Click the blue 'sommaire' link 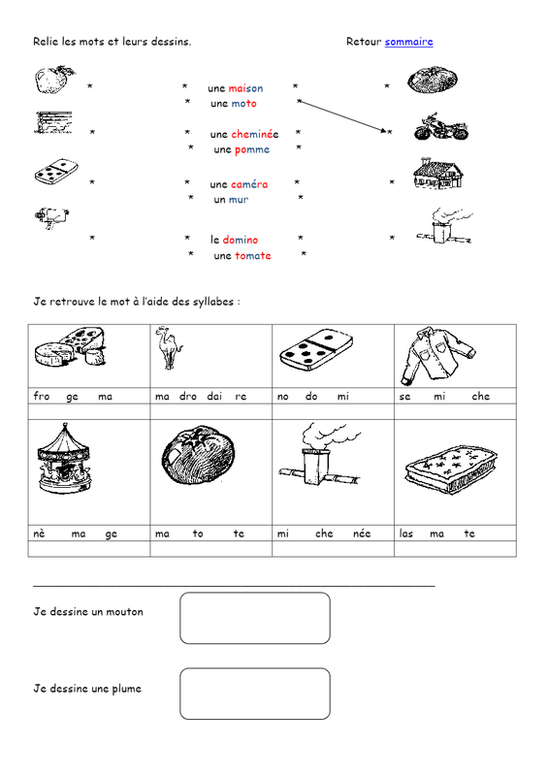409,42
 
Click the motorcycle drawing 441,127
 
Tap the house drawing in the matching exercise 438,174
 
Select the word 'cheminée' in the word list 254,134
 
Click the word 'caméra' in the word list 249,184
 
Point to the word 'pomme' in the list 252,150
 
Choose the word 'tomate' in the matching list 253,256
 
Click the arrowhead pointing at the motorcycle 384,131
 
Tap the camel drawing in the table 169,347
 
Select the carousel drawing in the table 64,458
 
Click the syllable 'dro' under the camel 187,397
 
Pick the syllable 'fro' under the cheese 42,396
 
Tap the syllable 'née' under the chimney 362,533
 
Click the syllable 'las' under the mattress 406,533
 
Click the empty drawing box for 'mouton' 255,618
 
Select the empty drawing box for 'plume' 255,694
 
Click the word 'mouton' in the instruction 125,612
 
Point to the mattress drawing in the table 451,469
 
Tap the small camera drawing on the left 51,217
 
